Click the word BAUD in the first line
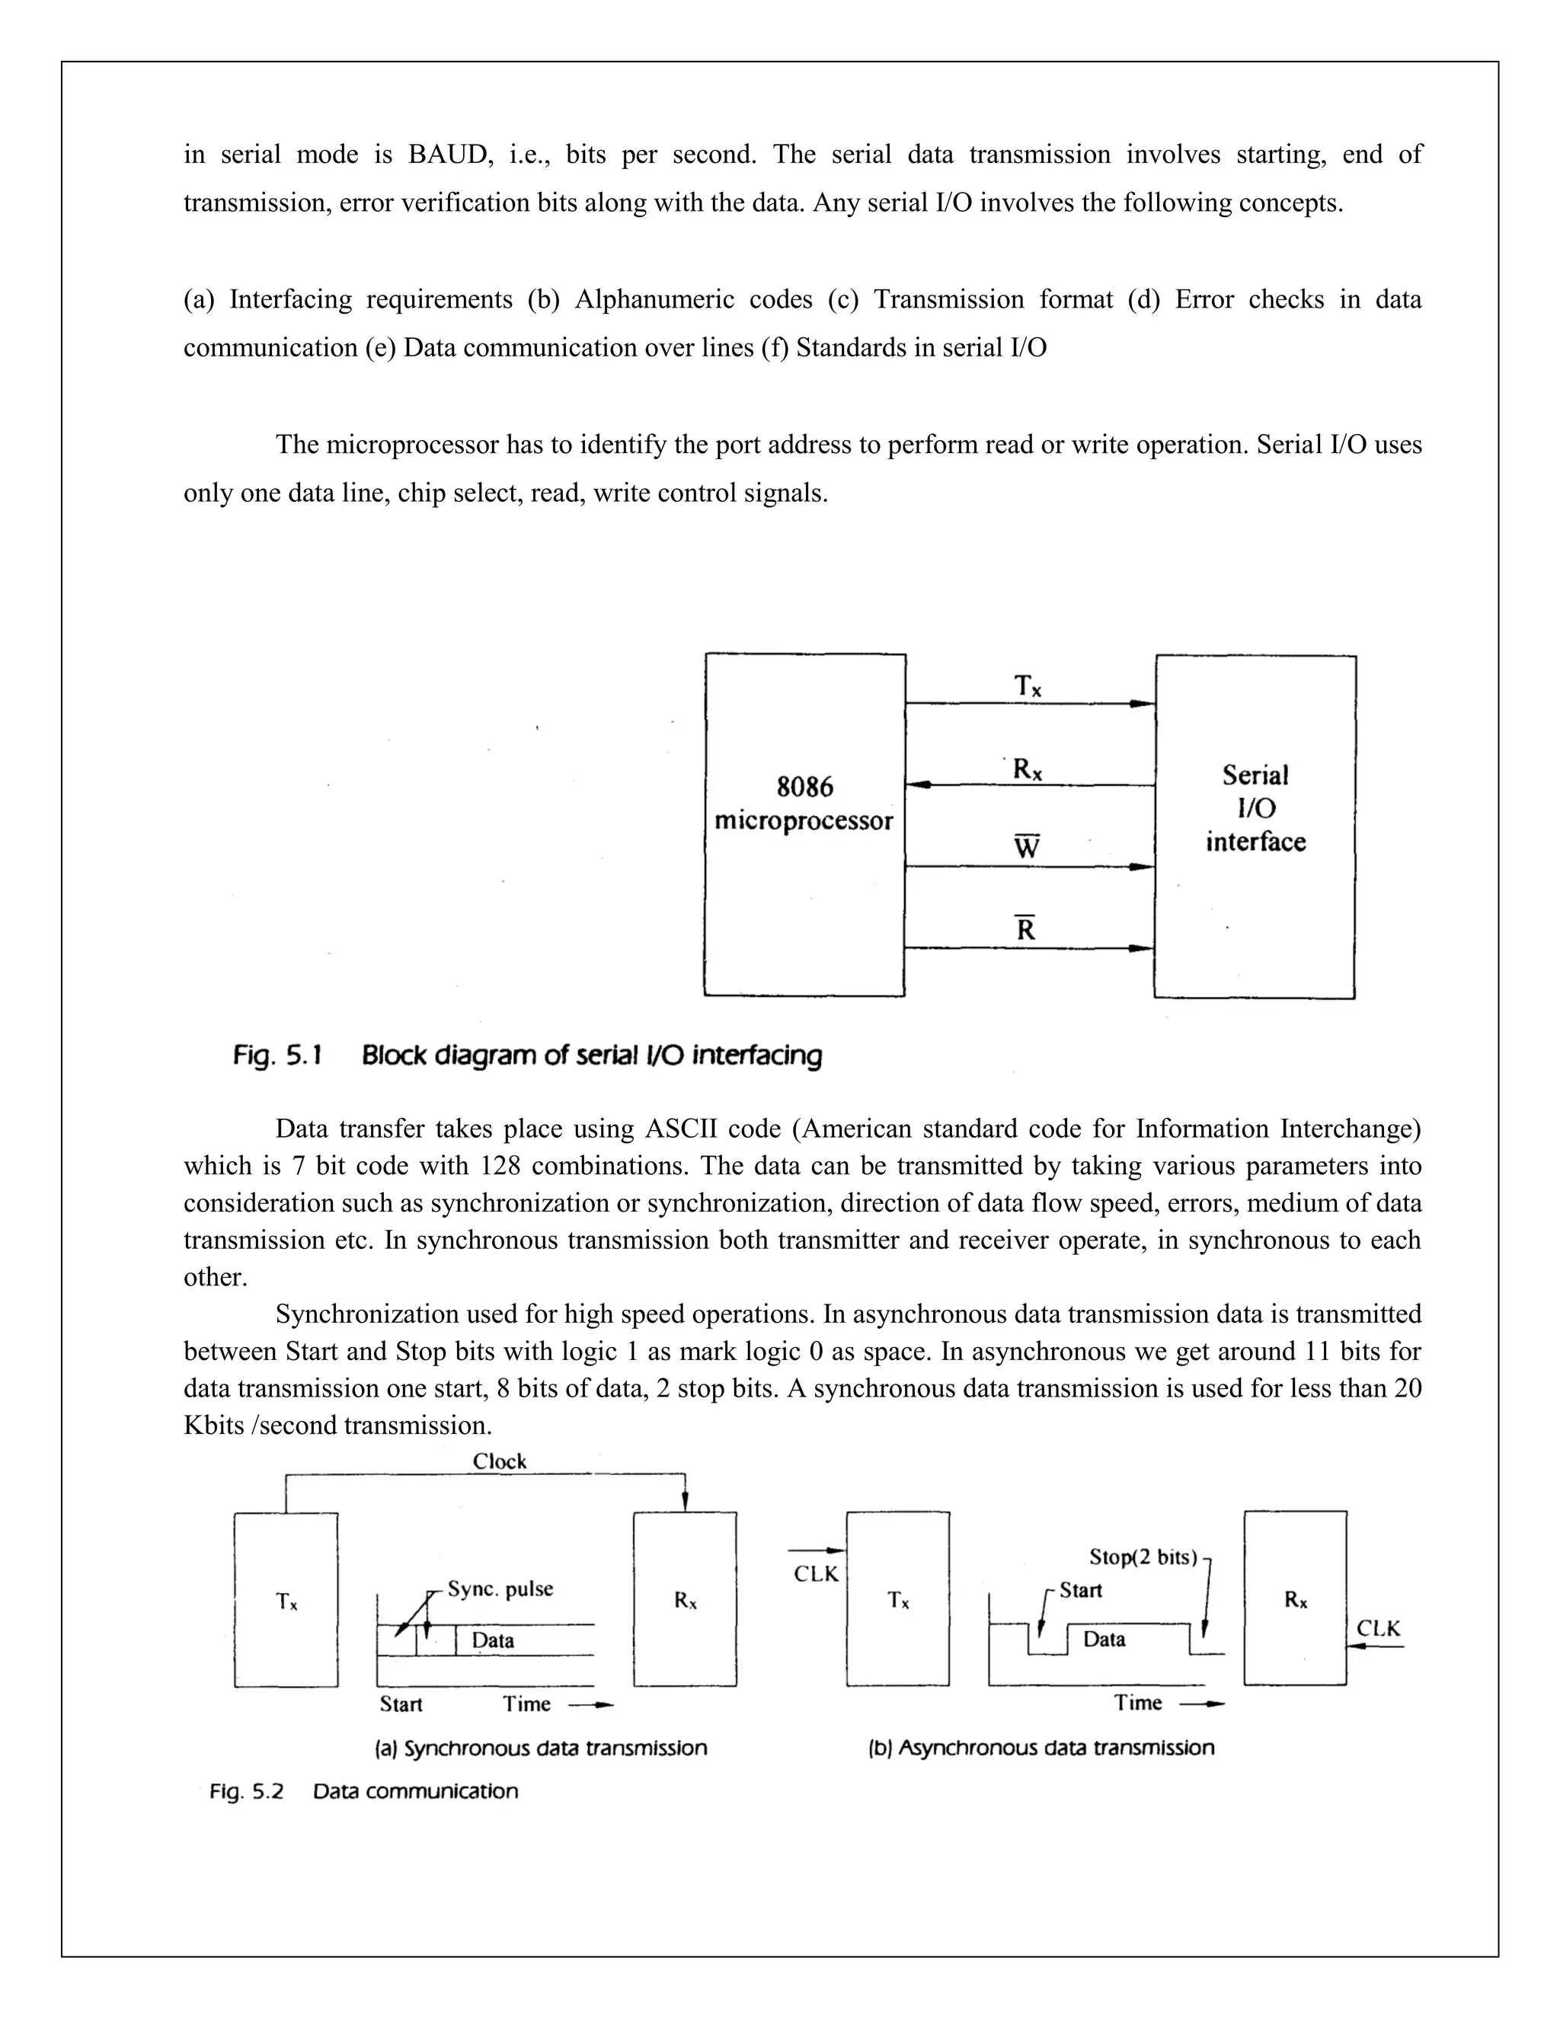(447, 155)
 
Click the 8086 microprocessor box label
(804, 804)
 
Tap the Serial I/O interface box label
(1255, 809)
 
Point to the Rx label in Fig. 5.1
(1027, 769)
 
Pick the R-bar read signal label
(1026, 928)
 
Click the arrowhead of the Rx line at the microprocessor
(915, 785)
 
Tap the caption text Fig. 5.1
(277, 1055)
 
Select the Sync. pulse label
(500, 1589)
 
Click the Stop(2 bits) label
(1143, 1557)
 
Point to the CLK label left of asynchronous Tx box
(816, 1573)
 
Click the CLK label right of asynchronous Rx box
(1378, 1629)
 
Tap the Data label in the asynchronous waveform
(1104, 1640)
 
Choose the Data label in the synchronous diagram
(493, 1640)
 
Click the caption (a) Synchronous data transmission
(541, 1748)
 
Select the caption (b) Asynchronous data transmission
(1041, 1747)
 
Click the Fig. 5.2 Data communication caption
(364, 1792)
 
